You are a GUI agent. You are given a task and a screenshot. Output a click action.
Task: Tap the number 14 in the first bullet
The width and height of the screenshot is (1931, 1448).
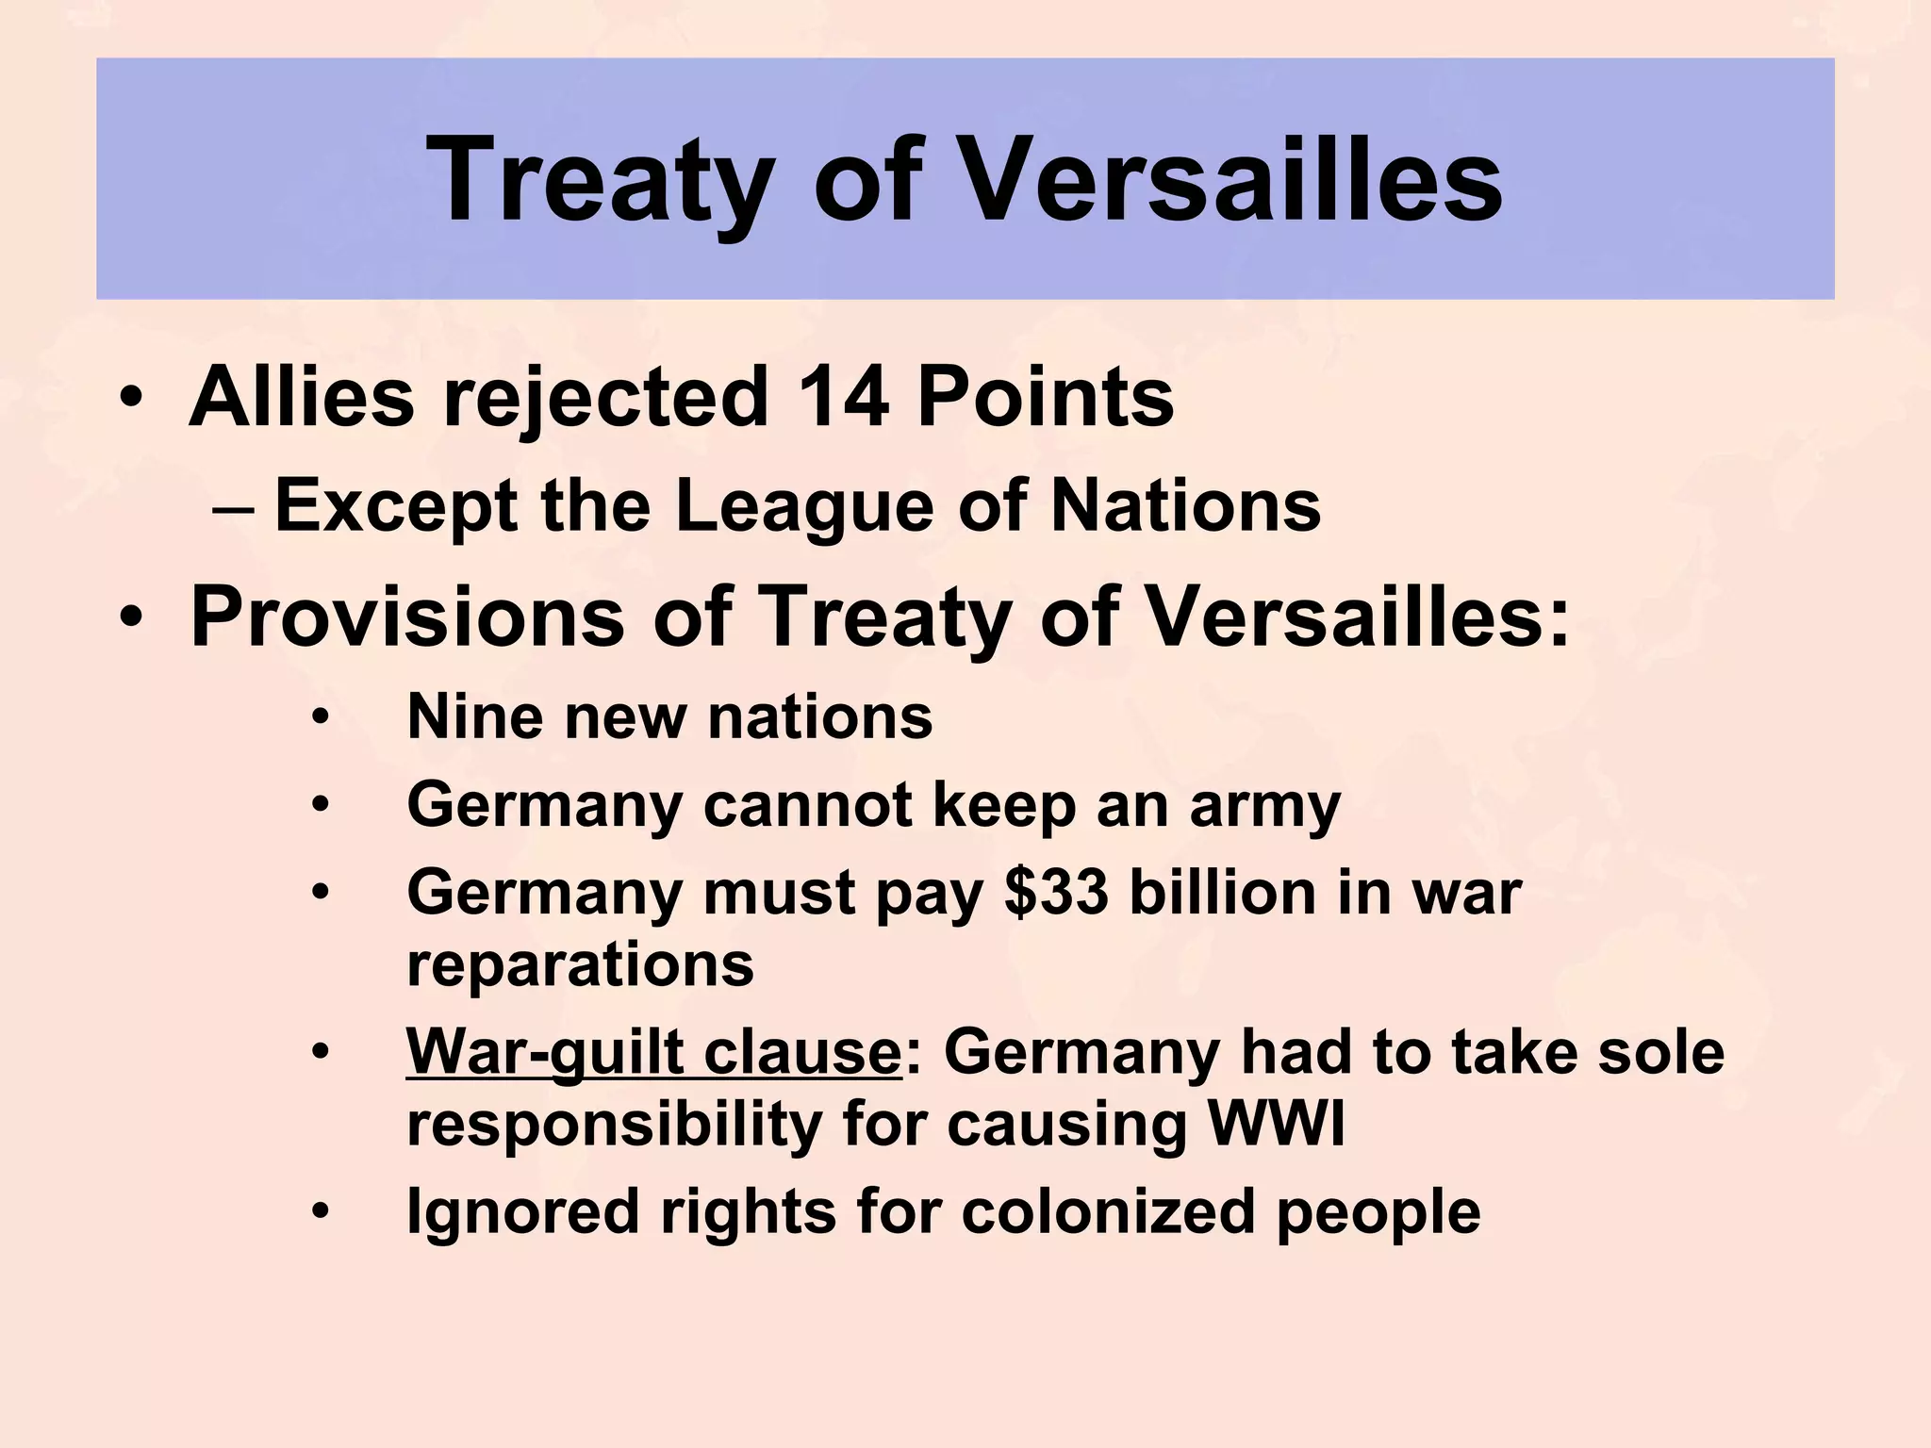point(842,397)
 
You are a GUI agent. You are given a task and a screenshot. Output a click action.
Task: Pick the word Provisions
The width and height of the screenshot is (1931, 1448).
point(407,617)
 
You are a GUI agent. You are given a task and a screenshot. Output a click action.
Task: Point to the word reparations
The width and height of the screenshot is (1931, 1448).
point(580,965)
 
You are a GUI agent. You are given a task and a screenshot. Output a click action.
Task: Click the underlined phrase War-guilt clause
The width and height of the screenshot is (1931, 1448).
point(653,1052)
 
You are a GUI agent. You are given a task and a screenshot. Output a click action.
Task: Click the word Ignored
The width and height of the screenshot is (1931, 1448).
point(521,1211)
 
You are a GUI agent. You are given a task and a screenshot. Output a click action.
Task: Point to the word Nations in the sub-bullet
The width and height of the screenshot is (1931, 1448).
point(1185,507)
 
